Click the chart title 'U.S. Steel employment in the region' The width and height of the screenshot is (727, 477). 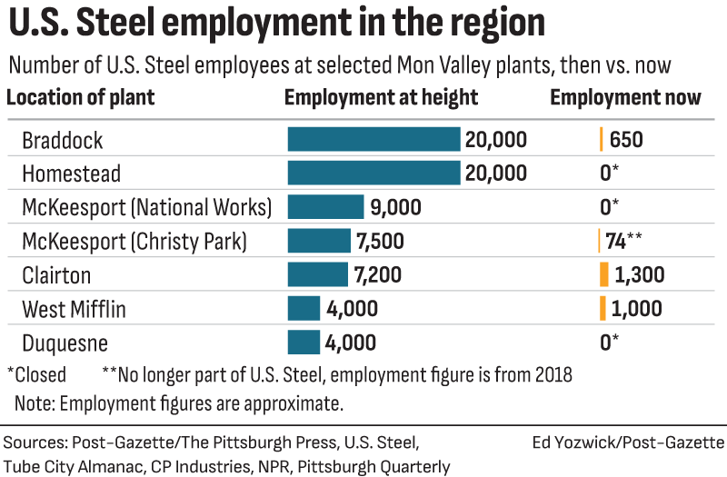[277, 25]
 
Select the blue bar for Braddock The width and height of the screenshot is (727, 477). [373, 139]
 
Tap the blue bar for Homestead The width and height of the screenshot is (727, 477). [373, 173]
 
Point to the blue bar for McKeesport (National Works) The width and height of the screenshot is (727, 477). [325, 207]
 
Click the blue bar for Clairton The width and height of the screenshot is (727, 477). [317, 274]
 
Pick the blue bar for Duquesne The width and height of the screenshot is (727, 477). [304, 343]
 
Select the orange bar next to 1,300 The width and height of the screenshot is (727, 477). [603, 274]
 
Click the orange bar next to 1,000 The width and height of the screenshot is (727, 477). [603, 308]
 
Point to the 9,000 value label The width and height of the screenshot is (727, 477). [396, 207]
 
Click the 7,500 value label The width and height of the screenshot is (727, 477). [379, 242]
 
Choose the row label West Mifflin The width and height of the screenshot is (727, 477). [74, 309]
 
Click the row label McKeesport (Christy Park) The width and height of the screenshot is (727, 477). [134, 242]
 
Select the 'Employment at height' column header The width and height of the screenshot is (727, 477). [381, 98]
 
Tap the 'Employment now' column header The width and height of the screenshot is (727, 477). [625, 98]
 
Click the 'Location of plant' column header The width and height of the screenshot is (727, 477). [81, 98]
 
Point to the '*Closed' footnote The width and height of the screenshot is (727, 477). [36, 374]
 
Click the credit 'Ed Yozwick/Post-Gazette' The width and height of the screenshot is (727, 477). [628, 442]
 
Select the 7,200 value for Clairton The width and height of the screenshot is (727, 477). [376, 274]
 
